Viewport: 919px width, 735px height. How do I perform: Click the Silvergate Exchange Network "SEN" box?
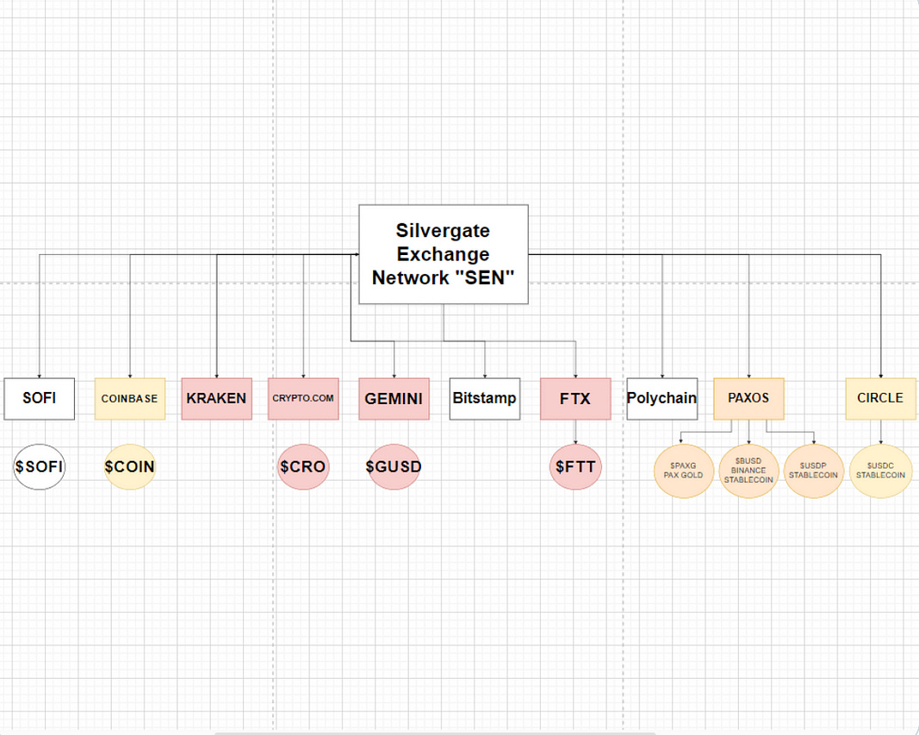coord(443,254)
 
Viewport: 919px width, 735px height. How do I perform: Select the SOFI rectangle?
coord(39,399)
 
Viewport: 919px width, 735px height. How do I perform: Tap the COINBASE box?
coord(129,399)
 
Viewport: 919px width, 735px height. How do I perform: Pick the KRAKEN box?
coord(216,399)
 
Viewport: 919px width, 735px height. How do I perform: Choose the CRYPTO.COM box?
coord(303,399)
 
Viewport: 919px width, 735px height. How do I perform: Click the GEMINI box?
coord(394,399)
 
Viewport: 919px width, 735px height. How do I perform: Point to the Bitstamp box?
coord(484,399)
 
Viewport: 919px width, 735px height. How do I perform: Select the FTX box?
coord(575,399)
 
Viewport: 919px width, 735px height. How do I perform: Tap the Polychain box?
coord(661,399)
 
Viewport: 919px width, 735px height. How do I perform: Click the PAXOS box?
coord(748,399)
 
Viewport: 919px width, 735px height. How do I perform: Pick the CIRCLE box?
coord(880,399)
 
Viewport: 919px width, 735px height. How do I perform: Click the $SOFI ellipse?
coord(39,467)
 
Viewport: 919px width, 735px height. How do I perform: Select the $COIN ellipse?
coord(129,467)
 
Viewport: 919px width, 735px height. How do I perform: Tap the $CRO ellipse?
coord(303,467)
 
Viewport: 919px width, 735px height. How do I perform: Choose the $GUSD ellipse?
coord(394,467)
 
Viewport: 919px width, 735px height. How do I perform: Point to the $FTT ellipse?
coord(575,467)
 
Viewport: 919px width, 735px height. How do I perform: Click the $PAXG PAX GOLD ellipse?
coord(683,470)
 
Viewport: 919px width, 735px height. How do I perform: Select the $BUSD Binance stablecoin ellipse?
coord(748,470)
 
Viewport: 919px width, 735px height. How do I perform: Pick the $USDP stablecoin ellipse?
coord(813,470)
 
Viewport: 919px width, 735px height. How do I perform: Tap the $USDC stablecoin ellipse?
coord(880,470)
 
